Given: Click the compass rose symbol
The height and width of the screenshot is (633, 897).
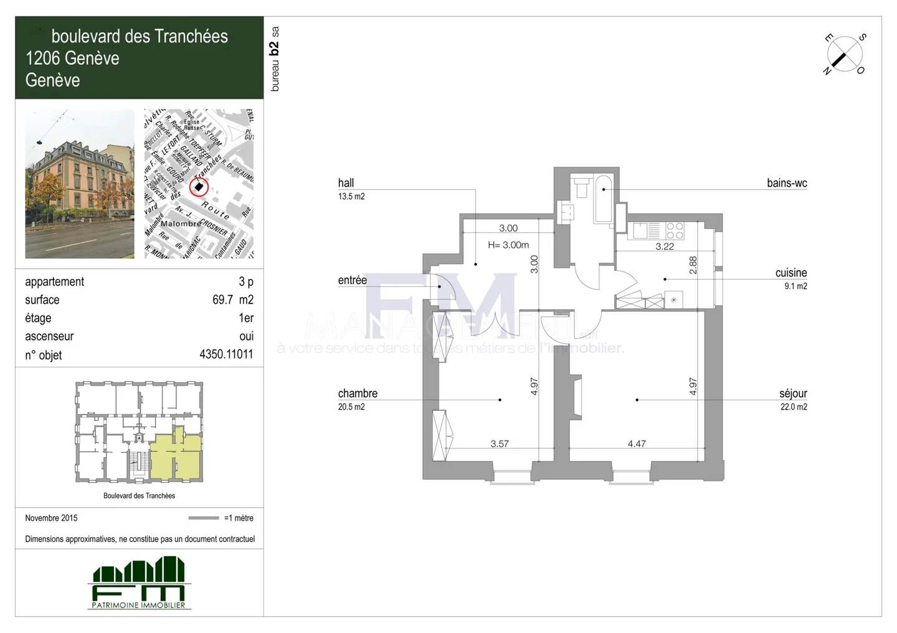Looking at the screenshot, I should tap(845, 54).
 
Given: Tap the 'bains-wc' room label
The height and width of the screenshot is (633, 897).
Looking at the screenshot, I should tap(787, 183).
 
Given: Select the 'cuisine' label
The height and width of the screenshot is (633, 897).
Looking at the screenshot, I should tap(791, 273).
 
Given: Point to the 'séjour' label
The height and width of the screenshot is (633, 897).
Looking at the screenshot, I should tap(793, 393).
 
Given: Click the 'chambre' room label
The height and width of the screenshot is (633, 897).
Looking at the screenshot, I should tap(358, 393).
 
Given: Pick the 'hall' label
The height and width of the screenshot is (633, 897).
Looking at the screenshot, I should tap(346, 183).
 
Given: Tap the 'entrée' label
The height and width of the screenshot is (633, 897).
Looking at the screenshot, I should tap(353, 280).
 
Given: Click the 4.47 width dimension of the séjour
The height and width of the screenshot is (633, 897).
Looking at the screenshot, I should tap(637, 444).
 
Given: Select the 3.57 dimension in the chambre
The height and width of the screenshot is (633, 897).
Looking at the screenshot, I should tap(500, 444).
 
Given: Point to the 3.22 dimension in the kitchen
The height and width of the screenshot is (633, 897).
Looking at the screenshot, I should tap(665, 246).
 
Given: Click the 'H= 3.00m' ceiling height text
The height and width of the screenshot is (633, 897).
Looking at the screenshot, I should tap(508, 245).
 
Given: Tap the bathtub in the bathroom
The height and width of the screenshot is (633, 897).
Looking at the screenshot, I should tap(604, 198).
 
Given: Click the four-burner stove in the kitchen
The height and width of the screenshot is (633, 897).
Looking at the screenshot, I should tap(675, 231).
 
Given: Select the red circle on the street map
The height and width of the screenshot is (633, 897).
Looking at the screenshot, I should tap(198, 187).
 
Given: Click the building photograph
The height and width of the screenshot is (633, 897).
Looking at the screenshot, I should tap(80, 184).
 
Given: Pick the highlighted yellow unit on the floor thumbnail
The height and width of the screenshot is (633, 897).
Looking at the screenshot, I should tap(176, 456).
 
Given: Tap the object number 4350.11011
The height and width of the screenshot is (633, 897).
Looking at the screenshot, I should tap(226, 355).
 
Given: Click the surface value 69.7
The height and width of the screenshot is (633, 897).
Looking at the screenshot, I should tap(222, 300).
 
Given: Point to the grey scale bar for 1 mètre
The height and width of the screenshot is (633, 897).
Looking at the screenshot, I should tap(204, 518).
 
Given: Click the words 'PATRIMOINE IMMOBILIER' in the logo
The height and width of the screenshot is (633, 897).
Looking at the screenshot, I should tap(138, 605).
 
